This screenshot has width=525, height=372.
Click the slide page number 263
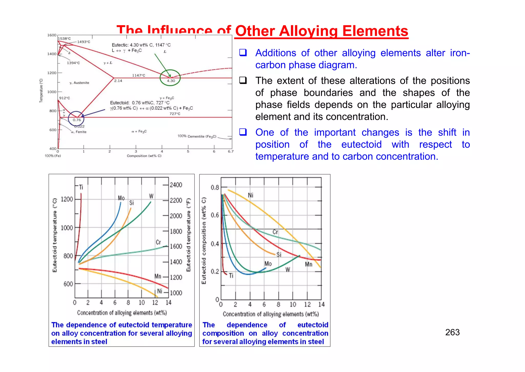click(x=452, y=332)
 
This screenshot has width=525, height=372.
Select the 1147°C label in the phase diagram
click(x=138, y=75)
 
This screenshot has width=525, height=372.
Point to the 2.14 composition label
click(x=118, y=81)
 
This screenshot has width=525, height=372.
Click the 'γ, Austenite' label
click(x=79, y=83)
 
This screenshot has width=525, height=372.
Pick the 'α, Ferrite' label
click(x=79, y=132)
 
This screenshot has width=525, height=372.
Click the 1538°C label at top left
click(x=64, y=39)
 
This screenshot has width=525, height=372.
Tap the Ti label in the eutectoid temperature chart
click(x=81, y=187)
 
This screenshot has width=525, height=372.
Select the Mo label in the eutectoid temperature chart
click(x=121, y=198)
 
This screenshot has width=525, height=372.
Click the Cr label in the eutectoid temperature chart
click(x=158, y=242)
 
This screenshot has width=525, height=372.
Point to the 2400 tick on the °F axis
click(x=176, y=185)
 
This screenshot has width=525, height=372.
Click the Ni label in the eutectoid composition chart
click(x=250, y=195)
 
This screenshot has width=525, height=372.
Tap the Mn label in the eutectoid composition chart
click(x=309, y=264)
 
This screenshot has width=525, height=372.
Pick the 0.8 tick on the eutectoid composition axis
click(x=215, y=187)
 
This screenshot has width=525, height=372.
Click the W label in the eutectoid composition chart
click(x=288, y=269)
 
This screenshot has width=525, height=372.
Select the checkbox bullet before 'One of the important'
click(x=243, y=132)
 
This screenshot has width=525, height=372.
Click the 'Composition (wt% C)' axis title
click(x=144, y=156)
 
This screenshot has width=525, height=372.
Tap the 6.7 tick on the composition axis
click(x=231, y=151)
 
